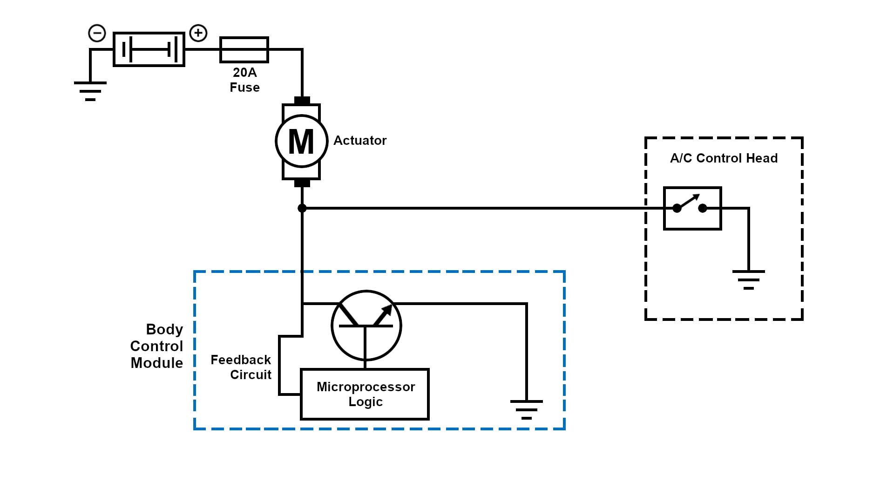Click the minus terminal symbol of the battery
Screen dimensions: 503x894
tap(97, 33)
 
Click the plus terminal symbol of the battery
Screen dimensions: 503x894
tap(198, 33)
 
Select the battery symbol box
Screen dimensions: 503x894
tap(149, 49)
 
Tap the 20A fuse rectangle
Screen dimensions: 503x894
tap(244, 49)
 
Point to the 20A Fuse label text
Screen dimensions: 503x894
tap(244, 80)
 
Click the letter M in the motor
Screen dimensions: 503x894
tap(301, 142)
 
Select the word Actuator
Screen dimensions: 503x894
tap(360, 141)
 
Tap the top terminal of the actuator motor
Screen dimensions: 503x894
tap(302, 101)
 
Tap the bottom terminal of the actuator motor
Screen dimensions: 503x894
tap(302, 183)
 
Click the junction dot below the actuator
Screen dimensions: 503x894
tap(302, 208)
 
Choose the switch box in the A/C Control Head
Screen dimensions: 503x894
tap(692, 208)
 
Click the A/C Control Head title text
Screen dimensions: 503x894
tap(724, 158)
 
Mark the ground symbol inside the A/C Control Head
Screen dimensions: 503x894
tap(748, 279)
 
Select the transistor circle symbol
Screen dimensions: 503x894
tap(366, 326)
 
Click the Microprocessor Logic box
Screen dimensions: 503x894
tap(365, 394)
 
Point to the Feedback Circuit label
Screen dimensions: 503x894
tap(241, 367)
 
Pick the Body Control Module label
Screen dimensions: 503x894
tap(157, 346)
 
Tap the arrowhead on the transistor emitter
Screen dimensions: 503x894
tap(387, 310)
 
